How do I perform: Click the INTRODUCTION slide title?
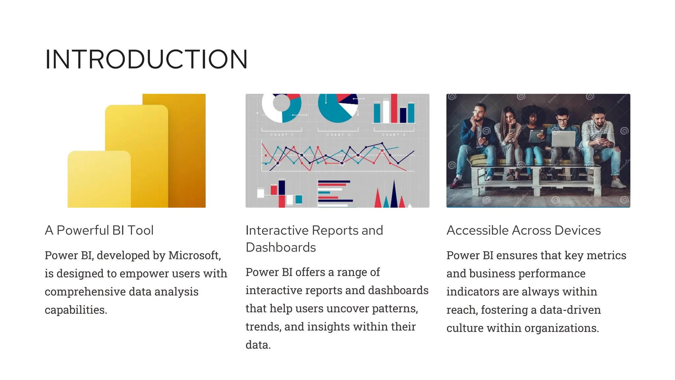click(x=146, y=59)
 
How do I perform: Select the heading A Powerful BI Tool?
click(x=99, y=230)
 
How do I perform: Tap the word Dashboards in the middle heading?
click(x=280, y=247)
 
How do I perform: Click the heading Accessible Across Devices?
click(x=523, y=230)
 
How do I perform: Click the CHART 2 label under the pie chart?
click(x=338, y=135)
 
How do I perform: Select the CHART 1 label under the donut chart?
click(x=282, y=135)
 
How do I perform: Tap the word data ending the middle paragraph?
click(x=257, y=345)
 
